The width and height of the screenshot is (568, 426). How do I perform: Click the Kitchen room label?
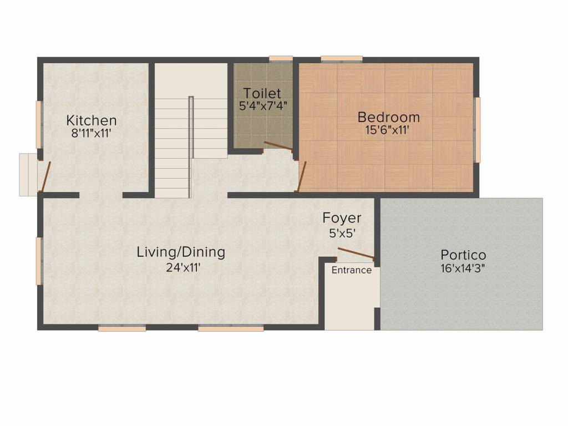92,120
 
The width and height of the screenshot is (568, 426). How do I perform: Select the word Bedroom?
388,117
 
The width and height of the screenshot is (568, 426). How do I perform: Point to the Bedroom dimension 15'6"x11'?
388,130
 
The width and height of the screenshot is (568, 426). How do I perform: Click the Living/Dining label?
181,252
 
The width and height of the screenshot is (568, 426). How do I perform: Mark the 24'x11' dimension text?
181,267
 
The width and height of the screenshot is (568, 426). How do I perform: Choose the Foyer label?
342,218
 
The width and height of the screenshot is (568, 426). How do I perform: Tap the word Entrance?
352,270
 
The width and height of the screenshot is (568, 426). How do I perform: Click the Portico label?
463,255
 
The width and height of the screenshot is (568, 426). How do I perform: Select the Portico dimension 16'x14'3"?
463,269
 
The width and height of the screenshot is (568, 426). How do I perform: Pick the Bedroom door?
301,176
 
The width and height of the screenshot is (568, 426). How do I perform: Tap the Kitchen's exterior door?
44,176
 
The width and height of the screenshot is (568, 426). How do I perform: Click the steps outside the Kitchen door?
27,175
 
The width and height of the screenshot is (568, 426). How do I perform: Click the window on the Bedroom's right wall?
476,130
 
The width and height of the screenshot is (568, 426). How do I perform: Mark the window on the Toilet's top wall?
281,58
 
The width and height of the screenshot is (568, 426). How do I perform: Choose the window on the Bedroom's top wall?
341,58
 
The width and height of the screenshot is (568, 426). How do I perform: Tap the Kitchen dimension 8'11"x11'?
92,133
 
